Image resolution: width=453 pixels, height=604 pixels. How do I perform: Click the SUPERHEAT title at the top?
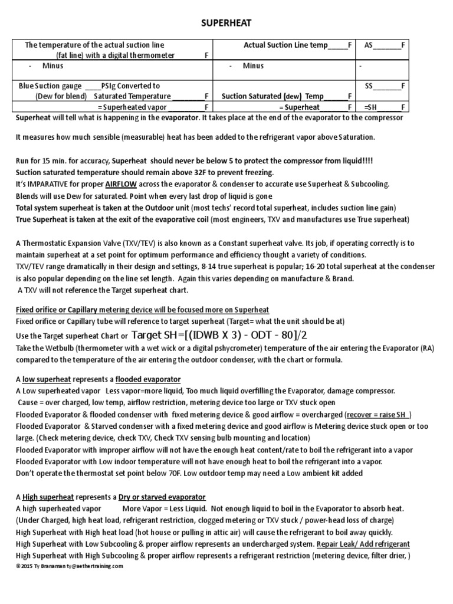coord(226,22)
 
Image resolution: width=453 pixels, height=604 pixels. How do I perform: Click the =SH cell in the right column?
coord(384,107)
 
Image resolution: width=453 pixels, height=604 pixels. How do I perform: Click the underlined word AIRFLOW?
coord(122,183)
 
